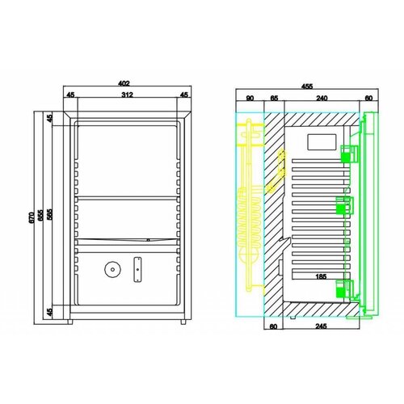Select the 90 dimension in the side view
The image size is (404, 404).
(250, 98)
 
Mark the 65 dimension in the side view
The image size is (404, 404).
(273, 98)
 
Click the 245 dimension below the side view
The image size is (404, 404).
(322, 328)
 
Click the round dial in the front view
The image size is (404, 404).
(112, 270)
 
